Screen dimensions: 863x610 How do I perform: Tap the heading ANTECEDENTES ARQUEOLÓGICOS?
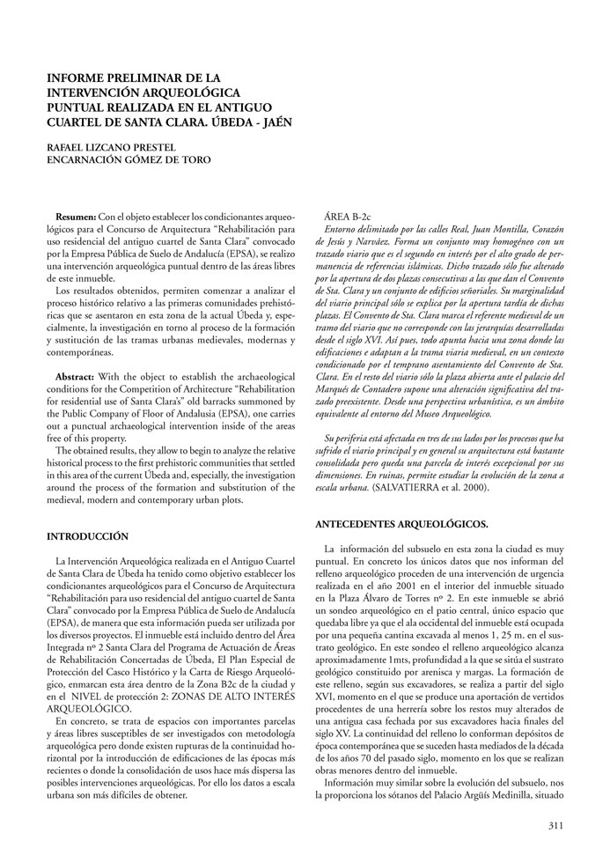pos(401,525)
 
